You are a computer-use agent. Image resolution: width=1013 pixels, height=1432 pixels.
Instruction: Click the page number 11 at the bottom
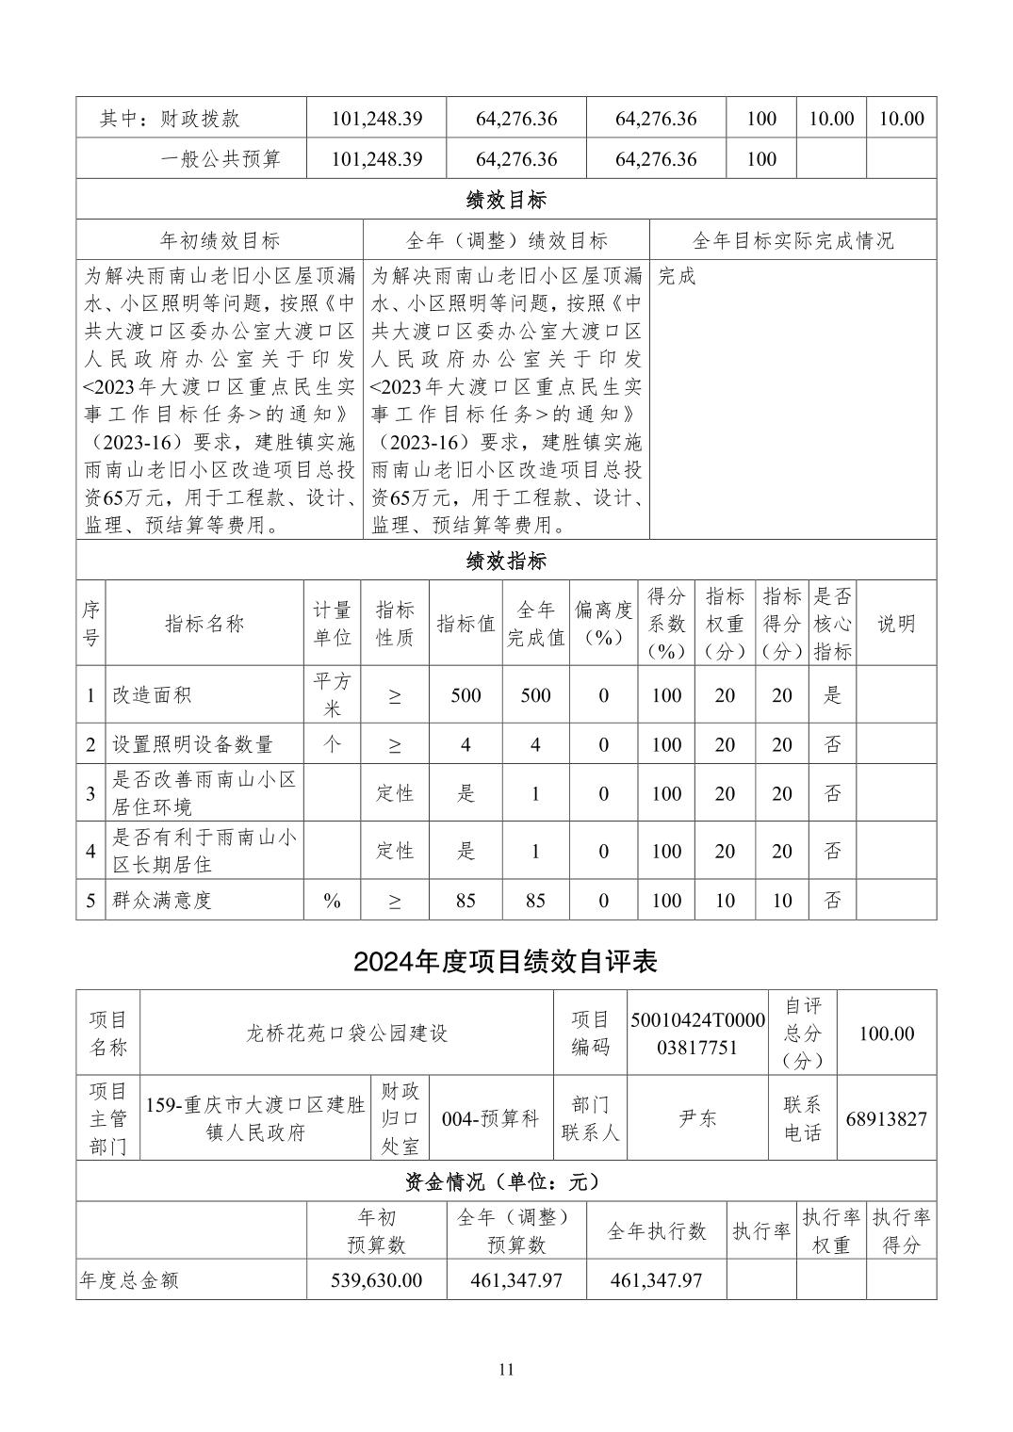[x=506, y=1369]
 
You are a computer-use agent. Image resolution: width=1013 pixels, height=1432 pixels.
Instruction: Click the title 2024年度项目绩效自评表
[x=505, y=961]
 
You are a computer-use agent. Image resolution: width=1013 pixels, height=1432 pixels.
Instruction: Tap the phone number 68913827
[x=886, y=1119]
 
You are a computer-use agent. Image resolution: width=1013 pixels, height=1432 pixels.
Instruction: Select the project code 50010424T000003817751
[x=697, y=1033]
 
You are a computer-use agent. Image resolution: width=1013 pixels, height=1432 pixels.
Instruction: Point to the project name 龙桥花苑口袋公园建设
[x=347, y=1033]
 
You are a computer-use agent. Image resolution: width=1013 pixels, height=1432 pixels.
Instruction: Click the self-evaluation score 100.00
[x=886, y=1033]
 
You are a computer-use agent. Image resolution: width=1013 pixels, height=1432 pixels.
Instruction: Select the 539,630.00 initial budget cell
[x=377, y=1280]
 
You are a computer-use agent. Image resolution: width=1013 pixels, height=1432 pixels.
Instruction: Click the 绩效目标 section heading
[x=506, y=200]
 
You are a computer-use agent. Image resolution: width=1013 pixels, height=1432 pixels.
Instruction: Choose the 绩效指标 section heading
[x=506, y=561]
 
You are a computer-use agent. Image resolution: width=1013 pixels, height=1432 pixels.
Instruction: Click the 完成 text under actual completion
[x=677, y=276]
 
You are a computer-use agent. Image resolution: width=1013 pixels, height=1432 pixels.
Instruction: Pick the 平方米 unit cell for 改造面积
[x=332, y=695]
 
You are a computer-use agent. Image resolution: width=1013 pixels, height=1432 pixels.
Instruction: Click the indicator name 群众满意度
[x=162, y=900]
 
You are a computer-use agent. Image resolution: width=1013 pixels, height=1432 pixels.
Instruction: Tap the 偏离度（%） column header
[x=603, y=624]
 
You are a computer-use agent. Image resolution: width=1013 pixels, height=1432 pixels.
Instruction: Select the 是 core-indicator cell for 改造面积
[x=832, y=695]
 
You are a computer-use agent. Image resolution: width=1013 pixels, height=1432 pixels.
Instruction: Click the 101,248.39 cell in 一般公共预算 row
[x=377, y=159]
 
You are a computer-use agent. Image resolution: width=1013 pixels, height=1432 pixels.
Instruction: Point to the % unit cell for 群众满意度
[x=332, y=900]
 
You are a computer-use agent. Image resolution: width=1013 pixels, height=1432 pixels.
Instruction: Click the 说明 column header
[x=895, y=624]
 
